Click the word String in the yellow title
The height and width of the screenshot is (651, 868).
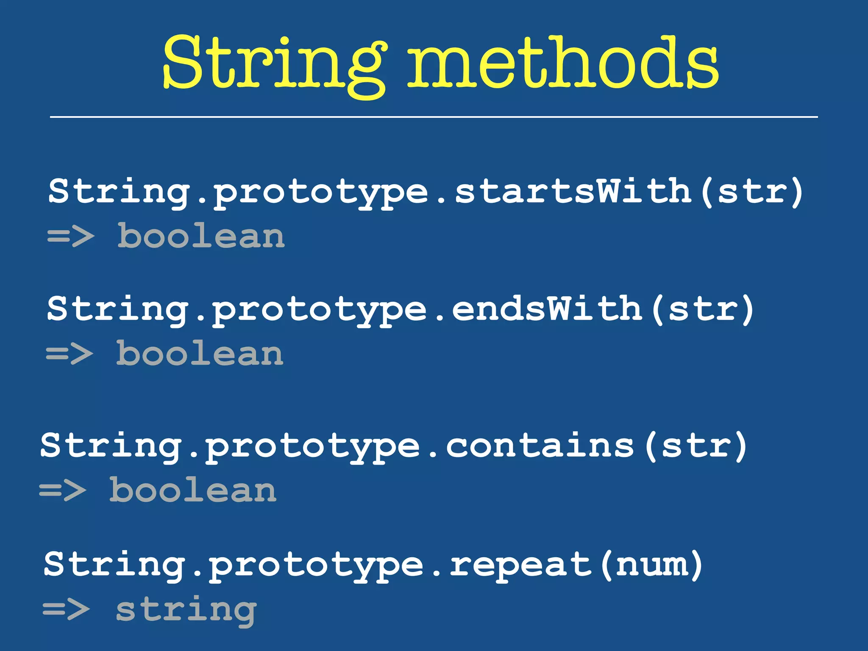273,64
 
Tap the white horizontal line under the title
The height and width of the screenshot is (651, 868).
434,117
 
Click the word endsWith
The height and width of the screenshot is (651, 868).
547,309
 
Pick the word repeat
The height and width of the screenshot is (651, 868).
520,565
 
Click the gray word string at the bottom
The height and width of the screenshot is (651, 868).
186,610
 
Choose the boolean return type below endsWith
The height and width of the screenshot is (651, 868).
200,353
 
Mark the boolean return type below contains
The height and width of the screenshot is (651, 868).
193,490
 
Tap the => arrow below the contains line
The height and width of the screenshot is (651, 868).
63,490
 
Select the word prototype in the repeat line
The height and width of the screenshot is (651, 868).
316,565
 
